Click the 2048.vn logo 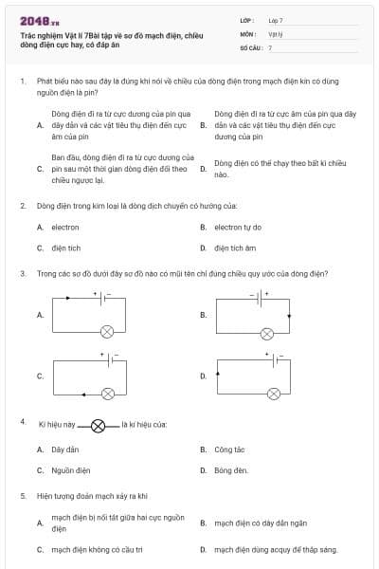(x=39, y=21)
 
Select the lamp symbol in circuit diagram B (x=267, y=333)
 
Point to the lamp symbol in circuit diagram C (x=107, y=391)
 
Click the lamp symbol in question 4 (x=98, y=426)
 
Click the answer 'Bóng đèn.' (x=230, y=469)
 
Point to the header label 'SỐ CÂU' (x=249, y=46)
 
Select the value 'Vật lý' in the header (x=276, y=33)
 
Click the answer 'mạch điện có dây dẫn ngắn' (x=254, y=523)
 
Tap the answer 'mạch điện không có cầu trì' (x=97, y=549)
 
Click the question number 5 (x=23, y=495)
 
